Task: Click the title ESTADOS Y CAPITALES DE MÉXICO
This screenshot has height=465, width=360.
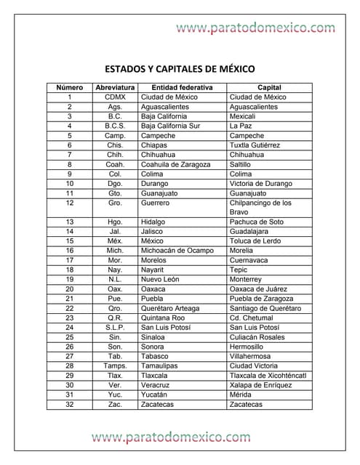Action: coord(180,70)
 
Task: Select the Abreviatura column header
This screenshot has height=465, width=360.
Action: coord(114,87)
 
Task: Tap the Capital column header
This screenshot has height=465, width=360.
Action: coord(268,87)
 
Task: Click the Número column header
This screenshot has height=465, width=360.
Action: coord(69,87)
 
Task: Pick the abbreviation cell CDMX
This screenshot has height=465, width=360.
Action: coord(115,97)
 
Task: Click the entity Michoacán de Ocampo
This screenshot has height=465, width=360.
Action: coord(177,251)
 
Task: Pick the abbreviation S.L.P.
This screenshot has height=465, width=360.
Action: coord(115,327)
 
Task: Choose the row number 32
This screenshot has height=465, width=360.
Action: coord(69,404)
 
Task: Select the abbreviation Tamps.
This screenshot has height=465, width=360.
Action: coord(115,365)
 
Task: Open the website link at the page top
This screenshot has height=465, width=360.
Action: coord(256,28)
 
